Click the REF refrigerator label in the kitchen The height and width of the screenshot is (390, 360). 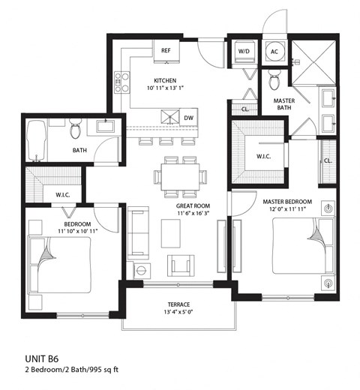point(166,50)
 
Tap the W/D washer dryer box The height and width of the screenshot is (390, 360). point(244,51)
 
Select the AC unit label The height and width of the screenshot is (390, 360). point(274,51)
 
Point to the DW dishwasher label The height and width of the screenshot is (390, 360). point(190,118)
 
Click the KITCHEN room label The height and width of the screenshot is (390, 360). point(165,80)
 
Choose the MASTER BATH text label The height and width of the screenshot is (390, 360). point(283,105)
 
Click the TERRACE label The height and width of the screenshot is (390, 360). point(178,304)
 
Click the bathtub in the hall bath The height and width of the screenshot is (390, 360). point(36,141)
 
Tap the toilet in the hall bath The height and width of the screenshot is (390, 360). point(75,130)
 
